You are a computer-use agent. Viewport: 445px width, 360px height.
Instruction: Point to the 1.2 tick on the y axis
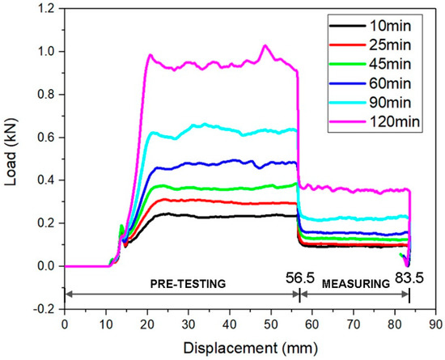click(x=47, y=9)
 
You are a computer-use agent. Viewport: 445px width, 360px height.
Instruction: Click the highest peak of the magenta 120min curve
click(x=265, y=46)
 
